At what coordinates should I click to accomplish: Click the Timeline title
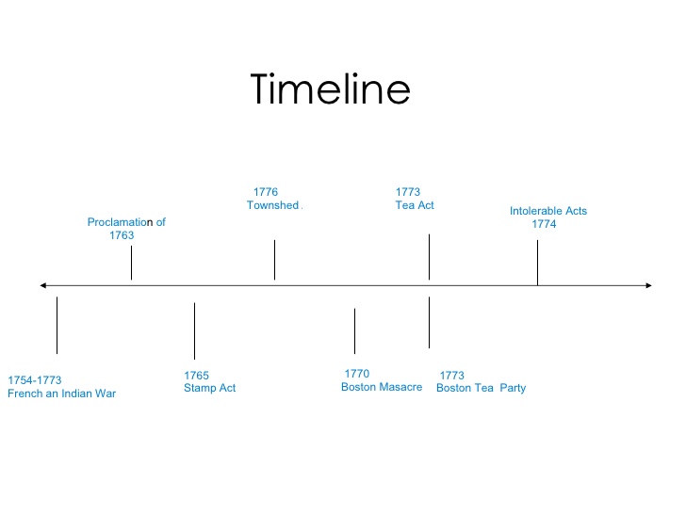(331, 89)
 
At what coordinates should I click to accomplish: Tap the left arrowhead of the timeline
(42, 285)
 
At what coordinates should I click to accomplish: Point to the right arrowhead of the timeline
(649, 285)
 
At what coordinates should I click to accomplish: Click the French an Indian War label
(61, 394)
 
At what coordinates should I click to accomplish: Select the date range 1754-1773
(35, 380)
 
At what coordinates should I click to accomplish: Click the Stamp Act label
(209, 388)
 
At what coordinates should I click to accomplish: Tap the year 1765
(196, 376)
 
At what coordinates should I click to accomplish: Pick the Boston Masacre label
(382, 387)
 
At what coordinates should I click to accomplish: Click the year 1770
(357, 374)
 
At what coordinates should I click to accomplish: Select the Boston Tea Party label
(481, 388)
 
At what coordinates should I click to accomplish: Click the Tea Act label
(415, 205)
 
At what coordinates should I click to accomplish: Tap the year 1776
(266, 192)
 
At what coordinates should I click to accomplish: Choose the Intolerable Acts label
(548, 211)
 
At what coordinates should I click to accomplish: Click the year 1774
(544, 224)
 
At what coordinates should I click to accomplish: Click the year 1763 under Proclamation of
(122, 235)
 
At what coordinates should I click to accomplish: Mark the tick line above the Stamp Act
(194, 330)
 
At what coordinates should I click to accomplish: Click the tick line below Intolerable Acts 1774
(537, 263)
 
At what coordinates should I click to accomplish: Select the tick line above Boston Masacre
(355, 330)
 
